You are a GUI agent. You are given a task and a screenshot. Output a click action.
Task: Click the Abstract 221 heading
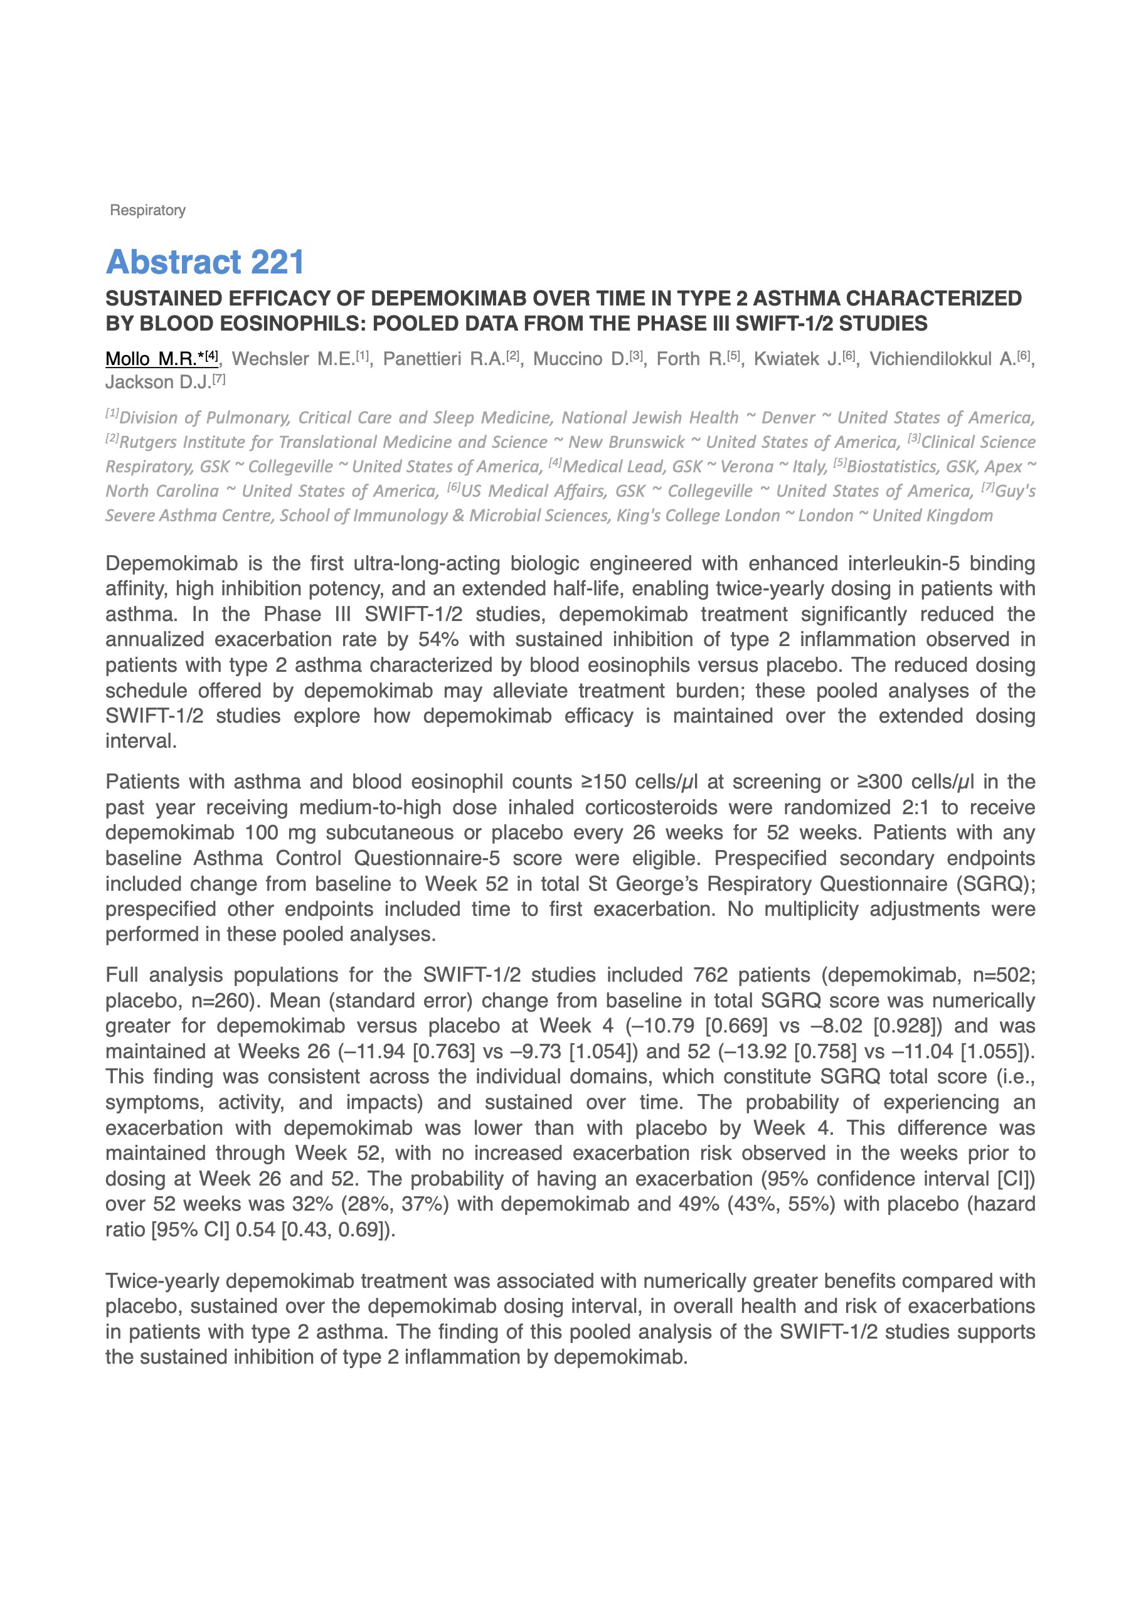click(x=204, y=262)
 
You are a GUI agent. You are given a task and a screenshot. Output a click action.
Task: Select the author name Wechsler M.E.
click(x=292, y=359)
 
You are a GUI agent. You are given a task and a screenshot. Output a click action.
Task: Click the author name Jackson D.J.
click(x=158, y=383)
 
